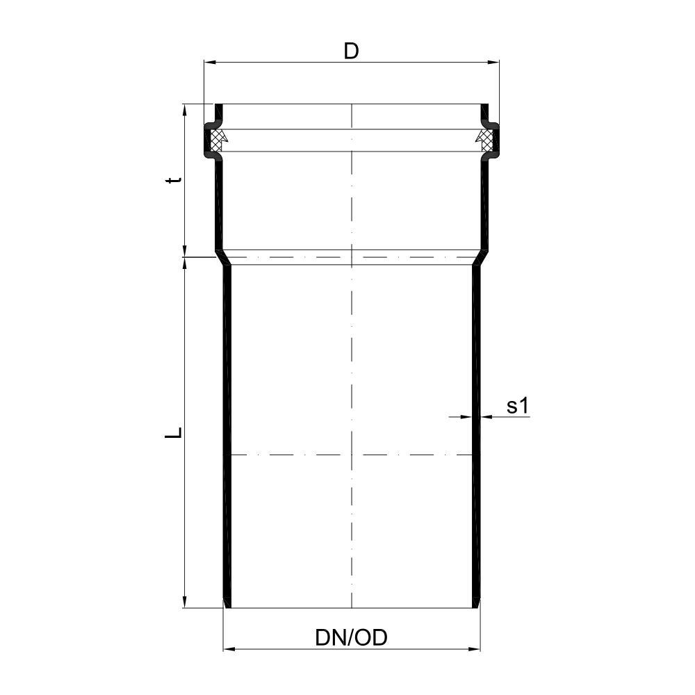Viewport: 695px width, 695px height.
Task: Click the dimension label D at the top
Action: coord(351,51)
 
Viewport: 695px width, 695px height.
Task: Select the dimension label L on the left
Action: coord(173,432)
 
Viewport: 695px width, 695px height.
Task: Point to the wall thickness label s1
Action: coord(518,406)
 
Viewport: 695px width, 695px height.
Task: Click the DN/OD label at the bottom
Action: coord(351,638)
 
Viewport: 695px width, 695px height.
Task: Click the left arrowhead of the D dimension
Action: coord(210,62)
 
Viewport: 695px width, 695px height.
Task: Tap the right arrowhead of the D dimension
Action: coord(493,62)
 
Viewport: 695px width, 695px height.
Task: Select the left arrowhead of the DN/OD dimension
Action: coord(229,649)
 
